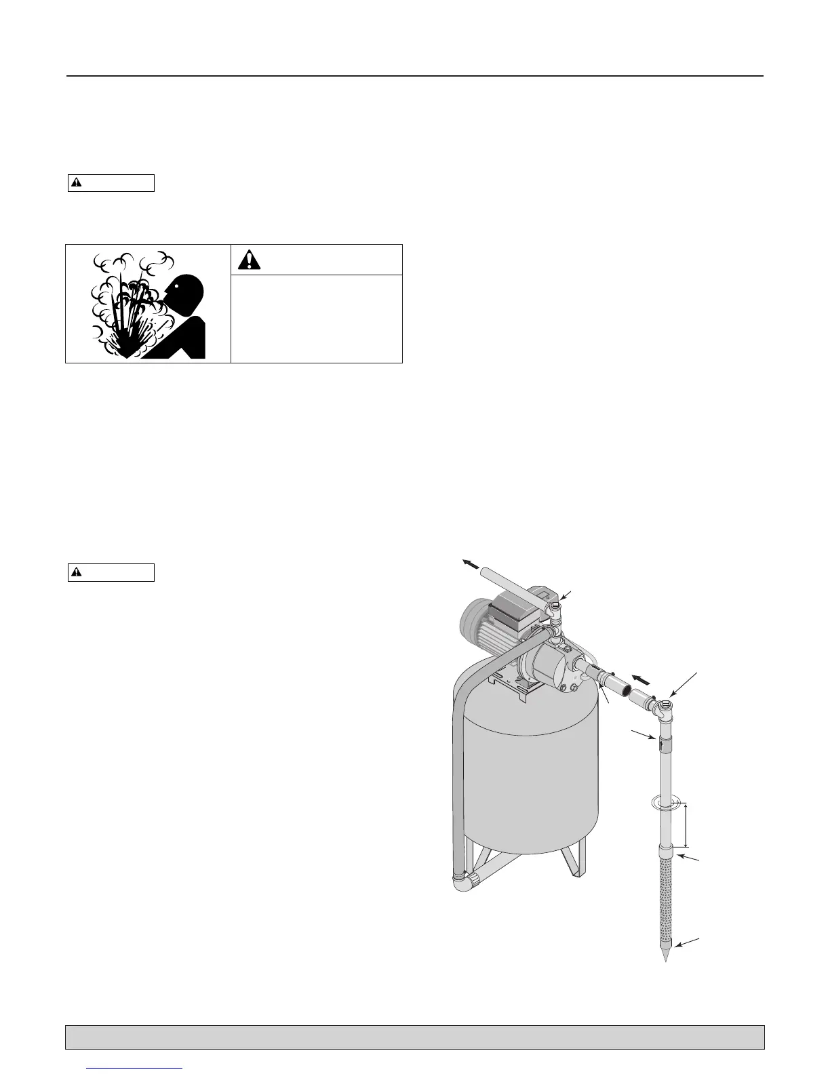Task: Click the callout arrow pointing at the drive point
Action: [690, 944]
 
